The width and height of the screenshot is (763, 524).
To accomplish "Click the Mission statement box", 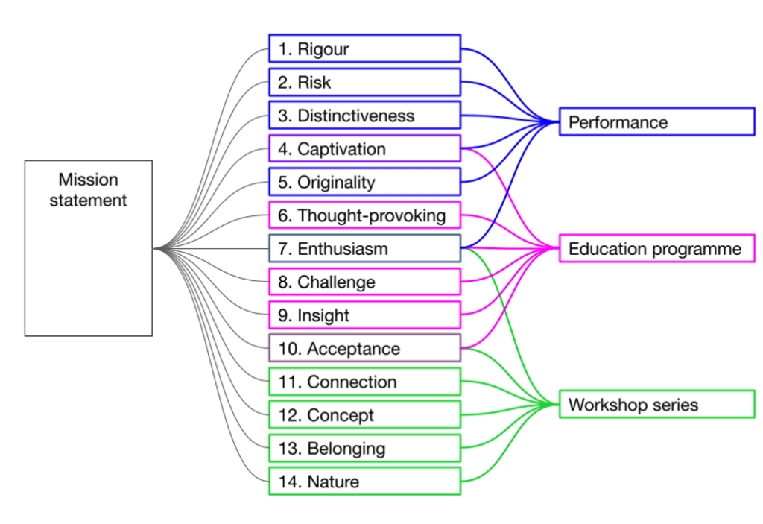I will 88,247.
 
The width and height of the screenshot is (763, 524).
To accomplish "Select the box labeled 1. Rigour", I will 364,49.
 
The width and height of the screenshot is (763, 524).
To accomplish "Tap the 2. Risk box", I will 364,82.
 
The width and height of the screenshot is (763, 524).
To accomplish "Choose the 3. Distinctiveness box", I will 364,116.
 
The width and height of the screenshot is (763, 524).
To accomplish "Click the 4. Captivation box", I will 364,148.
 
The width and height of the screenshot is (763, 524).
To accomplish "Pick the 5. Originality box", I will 364,182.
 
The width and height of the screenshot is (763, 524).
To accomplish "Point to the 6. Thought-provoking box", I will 364,215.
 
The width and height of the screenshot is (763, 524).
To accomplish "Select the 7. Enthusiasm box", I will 364,248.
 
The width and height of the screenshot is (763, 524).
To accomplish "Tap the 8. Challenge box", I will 364,282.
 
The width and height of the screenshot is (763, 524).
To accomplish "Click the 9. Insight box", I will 364,315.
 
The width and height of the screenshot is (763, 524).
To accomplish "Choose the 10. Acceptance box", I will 364,348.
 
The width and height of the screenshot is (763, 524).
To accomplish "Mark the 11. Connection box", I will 364,382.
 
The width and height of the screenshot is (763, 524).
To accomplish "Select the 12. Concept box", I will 364,414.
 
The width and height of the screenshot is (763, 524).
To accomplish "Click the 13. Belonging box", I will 364,448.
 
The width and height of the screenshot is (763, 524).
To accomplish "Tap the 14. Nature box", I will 364,481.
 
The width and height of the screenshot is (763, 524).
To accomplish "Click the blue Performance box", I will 656,121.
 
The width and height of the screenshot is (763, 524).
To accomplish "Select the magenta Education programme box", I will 656,248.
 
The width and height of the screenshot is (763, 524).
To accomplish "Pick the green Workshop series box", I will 656,404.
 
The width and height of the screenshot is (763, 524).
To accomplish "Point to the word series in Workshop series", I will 673,405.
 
